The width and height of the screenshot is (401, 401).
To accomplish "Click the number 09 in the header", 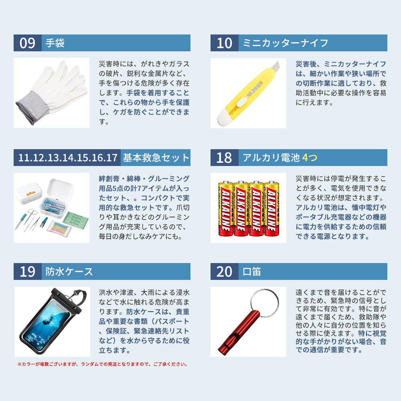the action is click(27, 43).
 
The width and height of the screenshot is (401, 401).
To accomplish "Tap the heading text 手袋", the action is click(55, 43).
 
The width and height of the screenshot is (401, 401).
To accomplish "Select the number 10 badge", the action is click(224, 43).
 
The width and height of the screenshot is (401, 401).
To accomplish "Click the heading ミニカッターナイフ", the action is click(285, 43).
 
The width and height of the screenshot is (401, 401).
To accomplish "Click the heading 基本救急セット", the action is click(156, 158).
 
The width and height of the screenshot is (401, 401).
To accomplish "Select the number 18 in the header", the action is click(224, 158).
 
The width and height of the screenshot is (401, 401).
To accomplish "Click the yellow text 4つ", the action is click(310, 158).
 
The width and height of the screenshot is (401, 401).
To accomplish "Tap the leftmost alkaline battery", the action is click(225, 209).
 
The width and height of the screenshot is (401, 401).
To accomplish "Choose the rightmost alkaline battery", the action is click(271, 209).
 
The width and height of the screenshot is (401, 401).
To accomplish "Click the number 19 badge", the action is click(28, 271).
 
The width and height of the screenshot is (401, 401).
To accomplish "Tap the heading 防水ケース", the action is click(69, 271).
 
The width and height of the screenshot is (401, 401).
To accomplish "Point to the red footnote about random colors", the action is click(103, 364).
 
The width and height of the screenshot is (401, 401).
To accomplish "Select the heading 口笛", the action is click(252, 271).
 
